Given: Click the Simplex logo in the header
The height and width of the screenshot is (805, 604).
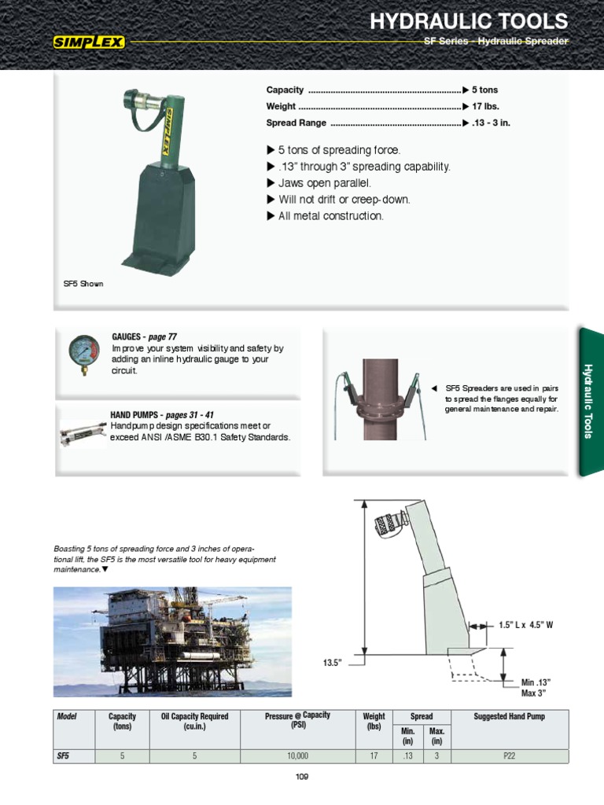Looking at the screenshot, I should (x=89, y=42).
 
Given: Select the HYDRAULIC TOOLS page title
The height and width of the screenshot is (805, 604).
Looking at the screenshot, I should (x=469, y=20).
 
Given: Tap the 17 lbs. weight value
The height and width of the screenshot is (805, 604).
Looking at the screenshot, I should (x=485, y=106).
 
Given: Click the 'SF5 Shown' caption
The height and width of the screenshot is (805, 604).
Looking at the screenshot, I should (x=83, y=284).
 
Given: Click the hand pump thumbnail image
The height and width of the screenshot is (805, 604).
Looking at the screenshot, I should (x=83, y=431).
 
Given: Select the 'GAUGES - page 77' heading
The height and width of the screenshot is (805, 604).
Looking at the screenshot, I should (x=149, y=336).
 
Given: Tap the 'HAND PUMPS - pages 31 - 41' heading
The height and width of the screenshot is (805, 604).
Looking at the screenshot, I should (x=162, y=414).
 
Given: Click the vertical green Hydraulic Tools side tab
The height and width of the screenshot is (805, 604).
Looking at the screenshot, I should (x=591, y=401).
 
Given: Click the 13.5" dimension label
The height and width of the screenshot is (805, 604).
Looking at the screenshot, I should (x=335, y=663).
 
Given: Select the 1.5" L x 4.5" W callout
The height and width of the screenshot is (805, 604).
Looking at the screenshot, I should (x=526, y=626).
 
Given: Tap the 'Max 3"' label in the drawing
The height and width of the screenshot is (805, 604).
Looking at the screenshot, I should (x=533, y=693).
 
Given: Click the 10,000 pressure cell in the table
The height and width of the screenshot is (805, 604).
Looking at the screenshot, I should (x=297, y=756).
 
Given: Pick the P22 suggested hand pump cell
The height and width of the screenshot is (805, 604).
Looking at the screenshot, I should (x=509, y=756).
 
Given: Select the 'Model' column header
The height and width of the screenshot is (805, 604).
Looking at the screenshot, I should (x=65, y=716).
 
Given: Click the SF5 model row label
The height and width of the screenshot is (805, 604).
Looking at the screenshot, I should (x=63, y=756).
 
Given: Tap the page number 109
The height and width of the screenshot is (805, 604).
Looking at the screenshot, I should (x=302, y=777).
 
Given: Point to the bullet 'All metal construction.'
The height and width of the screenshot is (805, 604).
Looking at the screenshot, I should (x=331, y=216).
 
